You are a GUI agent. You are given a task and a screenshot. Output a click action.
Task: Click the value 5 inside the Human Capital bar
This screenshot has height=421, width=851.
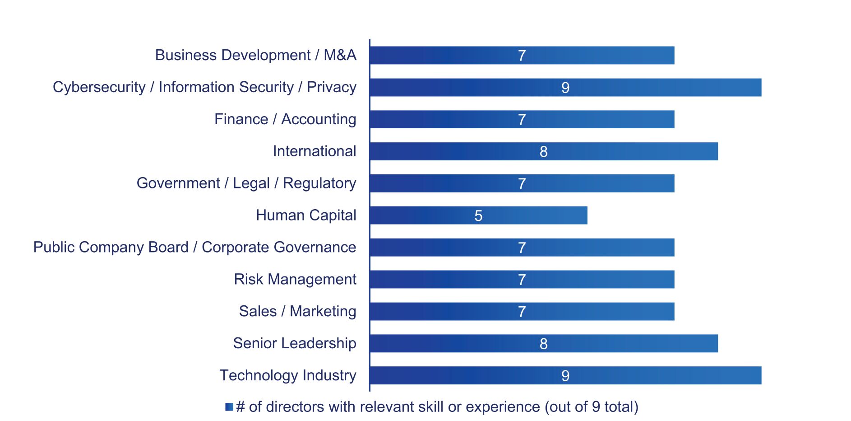(x=478, y=216)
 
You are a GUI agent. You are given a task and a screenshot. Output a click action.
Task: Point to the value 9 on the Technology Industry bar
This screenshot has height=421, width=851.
(x=565, y=376)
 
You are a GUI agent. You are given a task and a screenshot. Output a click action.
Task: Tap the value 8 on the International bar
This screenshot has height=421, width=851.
(x=543, y=152)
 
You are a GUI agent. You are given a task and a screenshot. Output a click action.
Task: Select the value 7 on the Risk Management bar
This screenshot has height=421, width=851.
(x=522, y=280)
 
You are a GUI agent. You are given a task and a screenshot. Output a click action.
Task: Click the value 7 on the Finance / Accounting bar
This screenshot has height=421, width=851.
(x=522, y=120)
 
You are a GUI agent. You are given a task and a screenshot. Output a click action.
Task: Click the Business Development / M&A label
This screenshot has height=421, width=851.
(x=255, y=55)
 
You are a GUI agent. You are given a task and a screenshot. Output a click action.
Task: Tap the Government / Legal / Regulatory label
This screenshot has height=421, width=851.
(x=246, y=183)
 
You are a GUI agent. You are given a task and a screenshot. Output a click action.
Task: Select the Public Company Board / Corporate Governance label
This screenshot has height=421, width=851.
(x=194, y=248)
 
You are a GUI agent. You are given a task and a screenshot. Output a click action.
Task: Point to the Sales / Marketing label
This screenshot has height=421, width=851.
(x=297, y=311)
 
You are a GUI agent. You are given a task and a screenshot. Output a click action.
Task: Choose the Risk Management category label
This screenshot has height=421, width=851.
(x=295, y=279)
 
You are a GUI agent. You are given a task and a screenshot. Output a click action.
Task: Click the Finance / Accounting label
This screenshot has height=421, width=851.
(x=285, y=119)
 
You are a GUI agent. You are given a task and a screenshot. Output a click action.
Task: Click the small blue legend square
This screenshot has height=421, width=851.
(x=229, y=407)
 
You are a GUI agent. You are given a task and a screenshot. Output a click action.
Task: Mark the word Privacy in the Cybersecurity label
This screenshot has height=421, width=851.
(x=331, y=87)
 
